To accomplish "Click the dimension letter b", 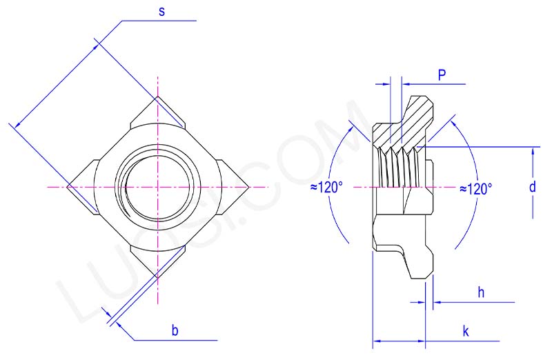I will tap(175, 330).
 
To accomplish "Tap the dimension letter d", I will tap(532, 188).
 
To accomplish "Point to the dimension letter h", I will tap(481, 292).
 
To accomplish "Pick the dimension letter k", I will tap(466, 332).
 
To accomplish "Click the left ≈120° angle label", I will tap(327, 188).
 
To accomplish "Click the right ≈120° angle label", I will tap(476, 188).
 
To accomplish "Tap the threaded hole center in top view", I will tap(158, 187).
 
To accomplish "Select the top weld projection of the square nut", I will tap(158, 113).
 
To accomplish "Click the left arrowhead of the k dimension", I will tap(377, 341).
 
